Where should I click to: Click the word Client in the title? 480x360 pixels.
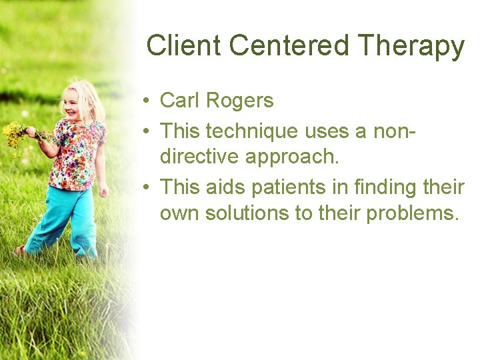184,46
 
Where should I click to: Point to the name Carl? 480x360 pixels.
180,101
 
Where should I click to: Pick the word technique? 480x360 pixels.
253,131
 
